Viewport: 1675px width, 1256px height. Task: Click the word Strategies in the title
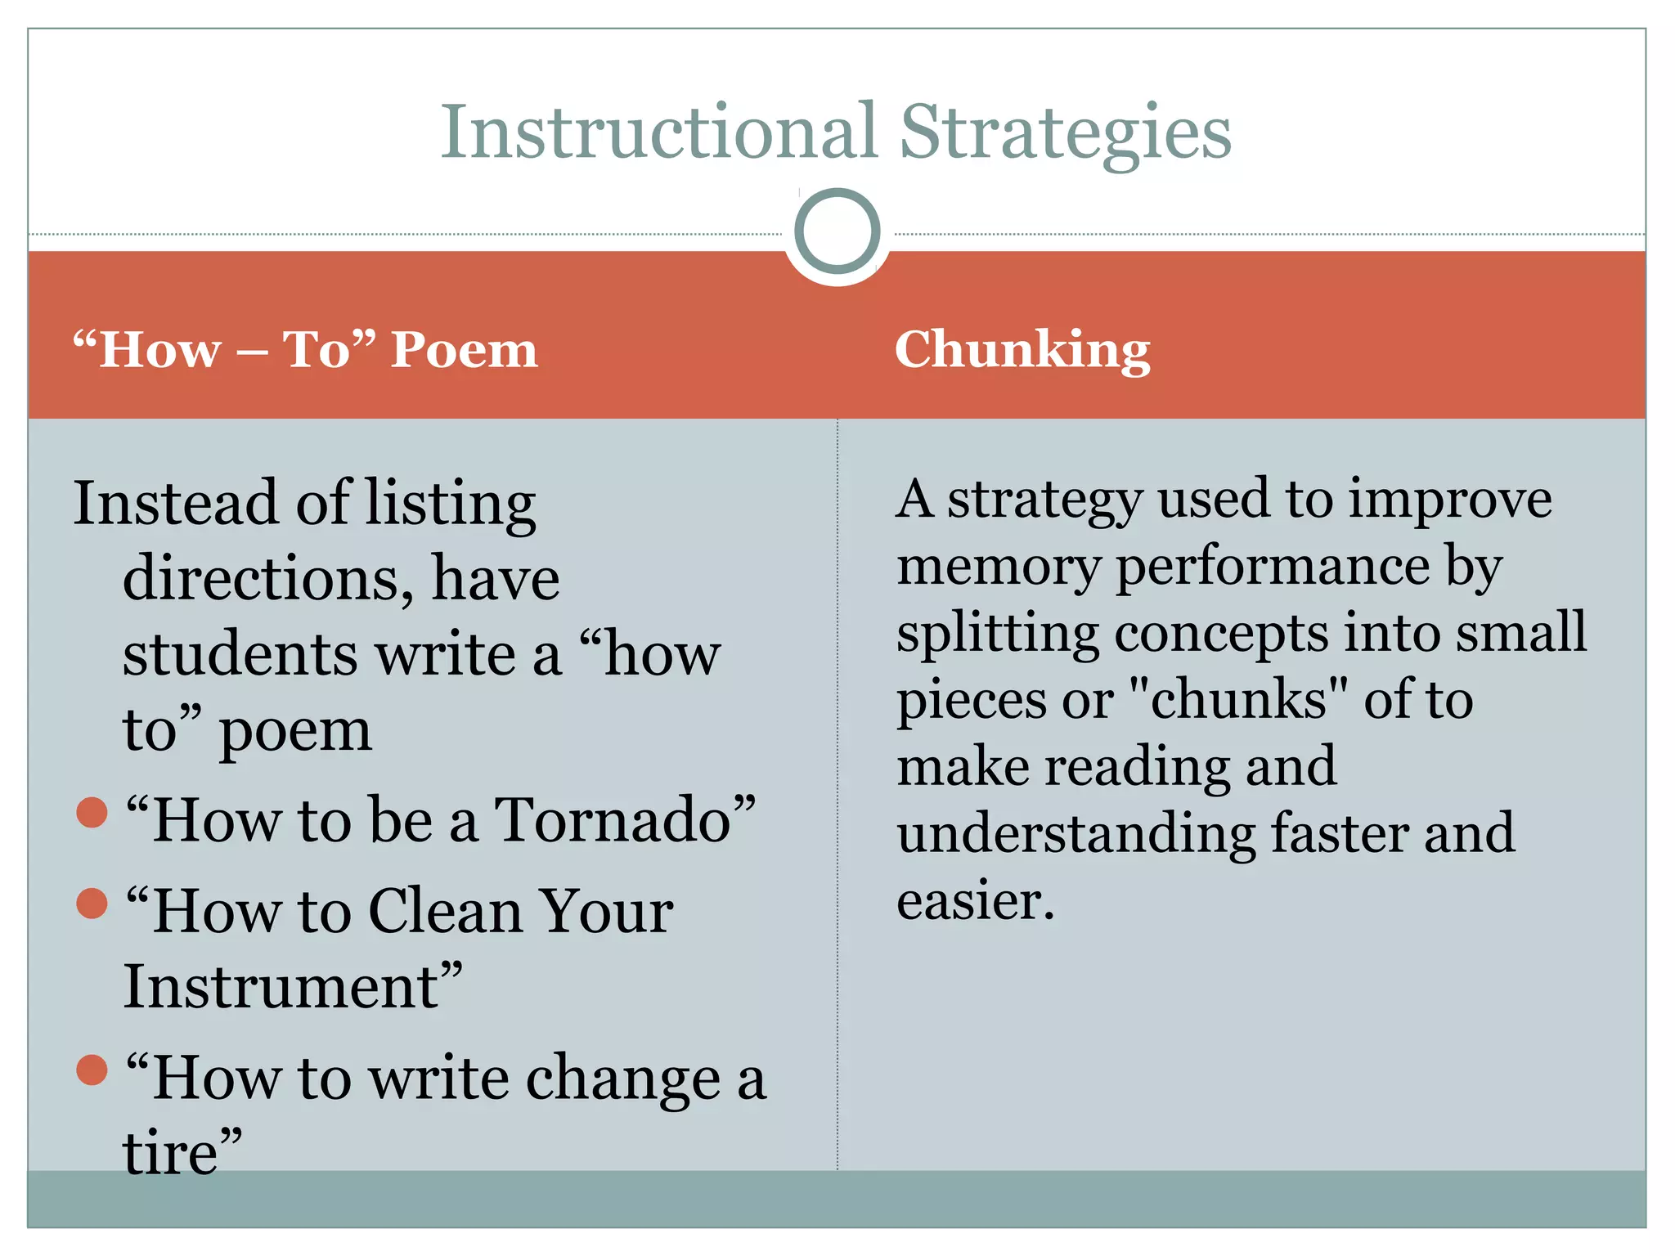pyautogui.click(x=1065, y=133)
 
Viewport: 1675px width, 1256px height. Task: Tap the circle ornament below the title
pyautogui.click(x=837, y=231)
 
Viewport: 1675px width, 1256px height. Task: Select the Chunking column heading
pyautogui.click(x=1022, y=349)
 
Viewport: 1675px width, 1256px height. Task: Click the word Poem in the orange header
pyautogui.click(x=464, y=350)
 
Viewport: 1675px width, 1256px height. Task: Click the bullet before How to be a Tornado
pyautogui.click(x=92, y=812)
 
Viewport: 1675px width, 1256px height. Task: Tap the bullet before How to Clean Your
pyautogui.click(x=92, y=903)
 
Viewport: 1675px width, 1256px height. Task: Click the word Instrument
pyautogui.click(x=281, y=987)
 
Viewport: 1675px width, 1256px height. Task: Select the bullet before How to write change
pyautogui.click(x=92, y=1070)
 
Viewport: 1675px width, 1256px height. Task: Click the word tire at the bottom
pyautogui.click(x=170, y=1153)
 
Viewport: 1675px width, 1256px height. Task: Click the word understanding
pyautogui.click(x=1076, y=834)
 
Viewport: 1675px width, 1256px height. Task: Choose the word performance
pyautogui.click(x=1273, y=567)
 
